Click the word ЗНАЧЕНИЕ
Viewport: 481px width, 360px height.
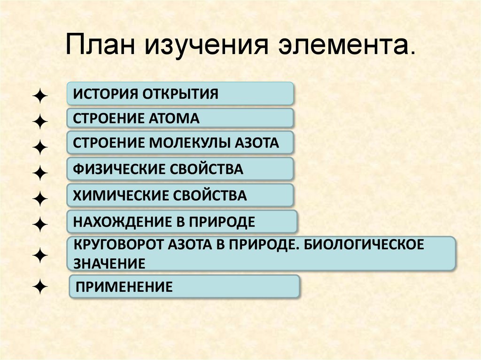pyautogui.click(x=109, y=263)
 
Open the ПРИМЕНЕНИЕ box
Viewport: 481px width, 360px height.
pyautogui.click(x=184, y=286)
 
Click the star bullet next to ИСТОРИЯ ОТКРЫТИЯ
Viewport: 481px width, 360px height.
pyautogui.click(x=40, y=97)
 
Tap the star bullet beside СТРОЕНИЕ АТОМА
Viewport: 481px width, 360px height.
pyautogui.click(x=40, y=123)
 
